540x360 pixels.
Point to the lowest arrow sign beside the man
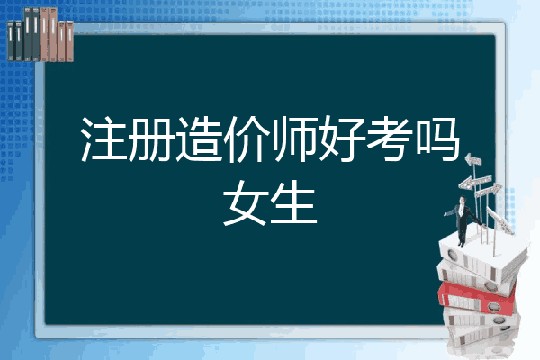[x=485, y=192]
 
